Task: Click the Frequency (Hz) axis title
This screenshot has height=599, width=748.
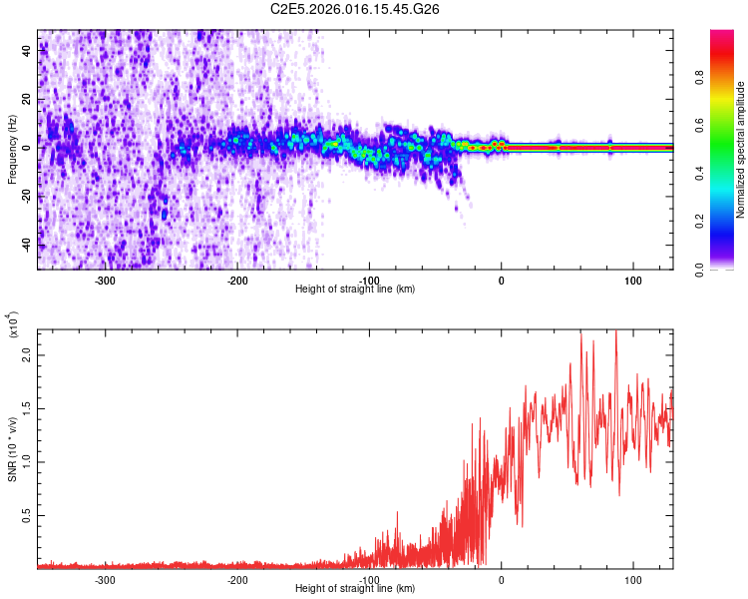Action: (x=13, y=149)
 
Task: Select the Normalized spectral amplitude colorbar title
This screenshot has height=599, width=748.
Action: (x=740, y=151)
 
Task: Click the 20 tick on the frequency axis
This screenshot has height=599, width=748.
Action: (x=28, y=100)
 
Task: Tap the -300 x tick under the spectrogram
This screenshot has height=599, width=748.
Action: (x=106, y=281)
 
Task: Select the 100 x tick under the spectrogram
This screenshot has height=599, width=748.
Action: (x=632, y=281)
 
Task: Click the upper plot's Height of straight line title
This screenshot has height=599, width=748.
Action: (x=356, y=290)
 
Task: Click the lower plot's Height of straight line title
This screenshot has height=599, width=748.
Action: (x=356, y=589)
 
